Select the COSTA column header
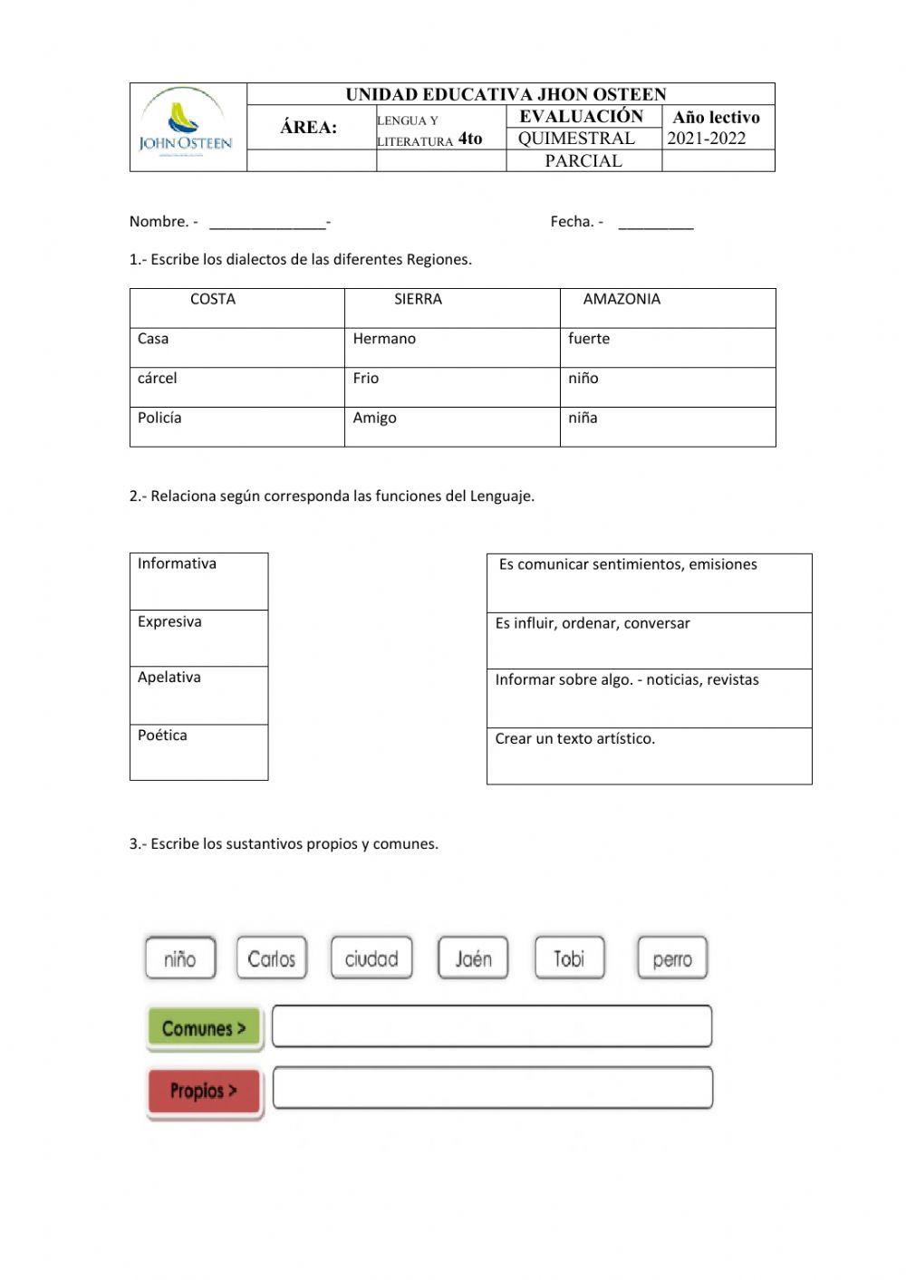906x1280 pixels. [213, 300]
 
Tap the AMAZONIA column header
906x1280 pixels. [622, 300]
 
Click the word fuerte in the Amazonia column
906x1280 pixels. [589, 340]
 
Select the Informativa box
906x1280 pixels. [198, 581]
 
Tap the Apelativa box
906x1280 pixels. [198, 695]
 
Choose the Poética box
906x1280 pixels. [198, 752]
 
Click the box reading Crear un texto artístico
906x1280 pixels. [649, 755]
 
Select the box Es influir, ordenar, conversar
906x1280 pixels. [649, 640]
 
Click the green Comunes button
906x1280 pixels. [204, 1029]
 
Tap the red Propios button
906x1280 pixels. [204, 1091]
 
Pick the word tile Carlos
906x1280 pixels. [272, 958]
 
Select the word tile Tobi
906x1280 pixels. [569, 958]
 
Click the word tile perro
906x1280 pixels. [671, 958]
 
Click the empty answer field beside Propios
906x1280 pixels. [492, 1088]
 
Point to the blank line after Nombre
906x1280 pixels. [267, 223]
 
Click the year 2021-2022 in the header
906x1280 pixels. [707, 139]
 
